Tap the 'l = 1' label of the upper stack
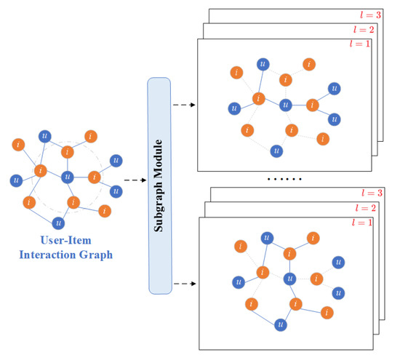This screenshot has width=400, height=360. point(361,45)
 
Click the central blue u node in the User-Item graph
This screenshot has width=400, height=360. point(68,176)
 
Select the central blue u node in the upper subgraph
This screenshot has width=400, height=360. point(286,104)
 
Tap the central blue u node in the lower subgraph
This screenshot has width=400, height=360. point(289,278)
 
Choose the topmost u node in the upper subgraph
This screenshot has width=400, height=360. point(263,64)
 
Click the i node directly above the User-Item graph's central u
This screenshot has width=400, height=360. point(68,152)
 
